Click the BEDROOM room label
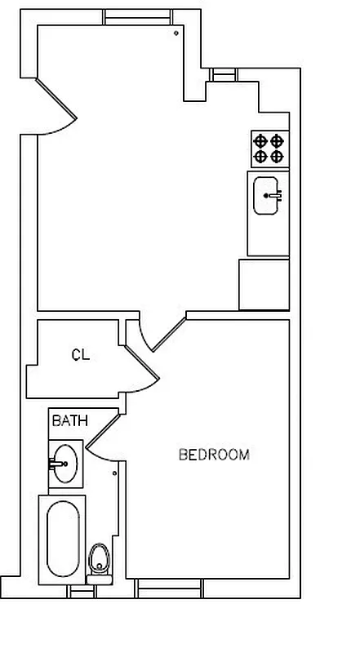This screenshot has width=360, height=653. [x=213, y=455]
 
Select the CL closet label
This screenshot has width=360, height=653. [x=80, y=355]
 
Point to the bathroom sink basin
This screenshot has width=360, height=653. [x=65, y=464]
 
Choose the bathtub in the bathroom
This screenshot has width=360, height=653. [x=61, y=539]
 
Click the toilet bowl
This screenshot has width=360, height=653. [x=100, y=559]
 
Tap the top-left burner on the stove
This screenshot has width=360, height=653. [x=261, y=140]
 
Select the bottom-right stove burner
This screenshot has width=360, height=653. [x=278, y=155]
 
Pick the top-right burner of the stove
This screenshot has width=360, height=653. [x=278, y=140]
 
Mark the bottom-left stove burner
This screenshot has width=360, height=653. [x=261, y=155]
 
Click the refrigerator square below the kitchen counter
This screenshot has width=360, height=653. [x=264, y=284]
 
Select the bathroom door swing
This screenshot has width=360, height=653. [x=103, y=437]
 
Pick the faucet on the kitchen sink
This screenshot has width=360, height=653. [x=276, y=195]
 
